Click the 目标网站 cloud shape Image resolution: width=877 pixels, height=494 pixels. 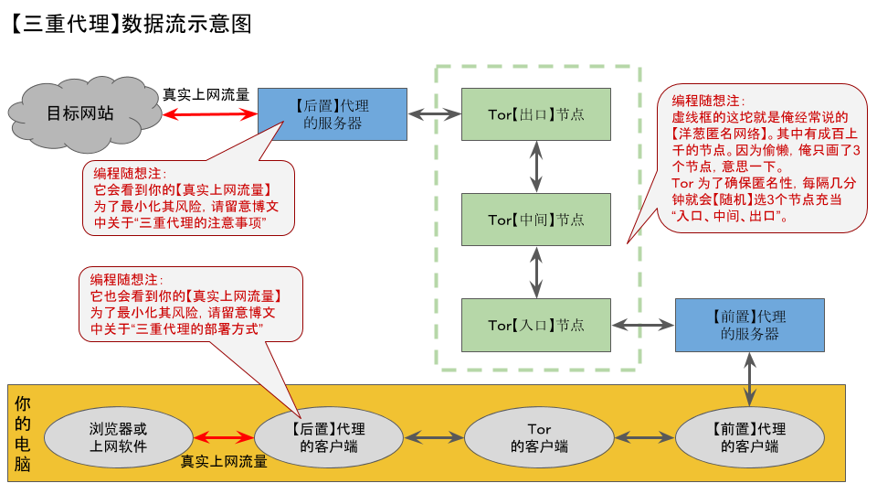coord(81,114)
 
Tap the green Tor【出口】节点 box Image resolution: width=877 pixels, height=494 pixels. coord(536,114)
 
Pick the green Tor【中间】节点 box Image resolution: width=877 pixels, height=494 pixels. coord(536,220)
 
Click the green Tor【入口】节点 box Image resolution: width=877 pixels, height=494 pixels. coord(536,325)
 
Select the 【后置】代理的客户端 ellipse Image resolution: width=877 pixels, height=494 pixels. coord(329,437)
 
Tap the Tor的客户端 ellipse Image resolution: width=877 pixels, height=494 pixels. coord(539,437)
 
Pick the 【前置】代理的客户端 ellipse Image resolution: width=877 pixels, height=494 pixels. coord(749,437)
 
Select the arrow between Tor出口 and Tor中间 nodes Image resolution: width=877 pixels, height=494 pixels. coord(536,166)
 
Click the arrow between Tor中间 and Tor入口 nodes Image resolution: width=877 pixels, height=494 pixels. coord(536,272)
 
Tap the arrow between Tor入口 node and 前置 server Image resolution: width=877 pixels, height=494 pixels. coord(643,325)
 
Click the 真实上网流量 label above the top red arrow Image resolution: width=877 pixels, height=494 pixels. coord(206,94)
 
